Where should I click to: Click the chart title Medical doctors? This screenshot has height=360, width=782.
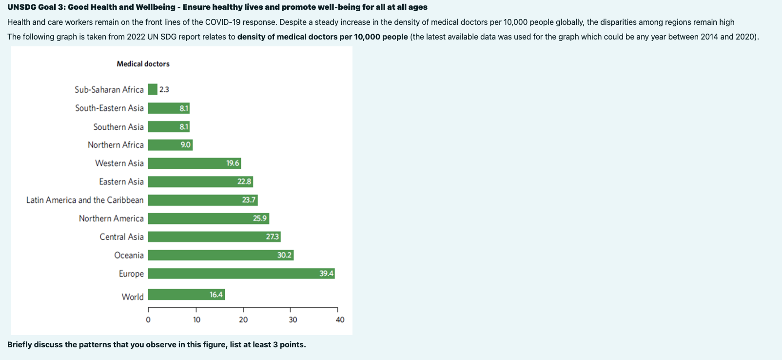[x=143, y=64]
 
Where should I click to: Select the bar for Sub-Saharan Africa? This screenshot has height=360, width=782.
[x=153, y=89]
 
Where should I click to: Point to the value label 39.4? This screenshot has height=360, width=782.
[x=326, y=274]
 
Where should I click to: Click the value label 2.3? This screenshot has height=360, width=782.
[x=164, y=90]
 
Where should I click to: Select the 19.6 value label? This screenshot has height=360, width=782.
[x=233, y=163]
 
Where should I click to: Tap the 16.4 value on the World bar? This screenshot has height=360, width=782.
[x=216, y=295]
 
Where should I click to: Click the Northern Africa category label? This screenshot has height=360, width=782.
[x=116, y=145]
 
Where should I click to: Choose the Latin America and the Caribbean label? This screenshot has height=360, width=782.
[x=85, y=200]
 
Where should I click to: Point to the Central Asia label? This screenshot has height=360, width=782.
[x=121, y=237]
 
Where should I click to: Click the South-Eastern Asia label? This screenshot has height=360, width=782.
[x=109, y=108]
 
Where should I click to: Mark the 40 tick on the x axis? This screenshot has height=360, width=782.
[x=340, y=320]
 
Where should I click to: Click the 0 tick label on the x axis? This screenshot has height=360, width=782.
[x=148, y=320]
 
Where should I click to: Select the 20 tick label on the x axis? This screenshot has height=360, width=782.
[x=243, y=320]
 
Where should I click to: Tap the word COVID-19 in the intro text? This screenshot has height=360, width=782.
[x=222, y=22]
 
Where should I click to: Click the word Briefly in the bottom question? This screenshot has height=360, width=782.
[x=20, y=344]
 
